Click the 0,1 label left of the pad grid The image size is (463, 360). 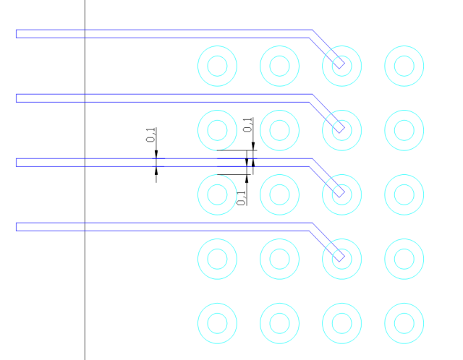150,135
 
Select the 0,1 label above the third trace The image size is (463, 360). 247,125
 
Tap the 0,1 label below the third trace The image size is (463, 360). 241,198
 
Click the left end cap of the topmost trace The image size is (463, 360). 16,34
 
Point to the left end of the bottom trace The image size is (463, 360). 16,227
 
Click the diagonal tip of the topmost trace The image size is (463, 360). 342,66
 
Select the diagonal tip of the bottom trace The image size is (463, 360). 342,259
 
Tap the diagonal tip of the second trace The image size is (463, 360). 342,130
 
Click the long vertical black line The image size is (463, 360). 85,180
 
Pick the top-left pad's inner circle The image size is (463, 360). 217,56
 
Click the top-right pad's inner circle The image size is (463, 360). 404,56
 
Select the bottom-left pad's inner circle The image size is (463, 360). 217,314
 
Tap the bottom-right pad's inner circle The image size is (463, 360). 404,314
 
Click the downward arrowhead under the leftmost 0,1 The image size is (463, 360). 156,155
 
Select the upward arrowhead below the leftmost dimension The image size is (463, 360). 156,171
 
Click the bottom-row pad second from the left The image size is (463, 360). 280,304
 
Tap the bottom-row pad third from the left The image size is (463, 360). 342,304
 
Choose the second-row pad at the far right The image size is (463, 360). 404,111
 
